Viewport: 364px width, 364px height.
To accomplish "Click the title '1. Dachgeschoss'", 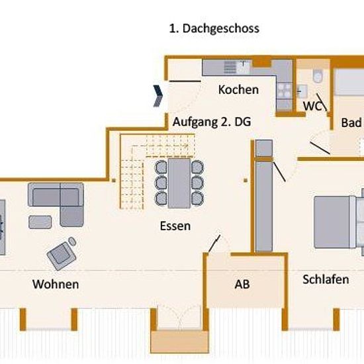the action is pyautogui.click(x=214, y=28).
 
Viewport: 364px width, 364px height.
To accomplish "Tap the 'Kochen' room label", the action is pyautogui.click(x=238, y=89).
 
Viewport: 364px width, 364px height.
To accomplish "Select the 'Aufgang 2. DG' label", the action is pyautogui.click(x=212, y=122).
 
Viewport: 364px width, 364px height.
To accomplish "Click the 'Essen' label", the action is pyautogui.click(x=175, y=226).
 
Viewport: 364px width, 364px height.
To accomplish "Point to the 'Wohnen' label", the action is pyautogui.click(x=56, y=284).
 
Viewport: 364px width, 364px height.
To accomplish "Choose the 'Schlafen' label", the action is pyautogui.click(x=326, y=279).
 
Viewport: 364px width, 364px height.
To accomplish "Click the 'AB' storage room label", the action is pyautogui.click(x=242, y=284).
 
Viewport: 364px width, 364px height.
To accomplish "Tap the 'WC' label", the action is pyautogui.click(x=312, y=106).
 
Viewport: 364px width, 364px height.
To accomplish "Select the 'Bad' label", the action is pyautogui.click(x=351, y=122).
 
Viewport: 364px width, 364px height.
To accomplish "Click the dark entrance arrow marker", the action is pyautogui.click(x=158, y=96).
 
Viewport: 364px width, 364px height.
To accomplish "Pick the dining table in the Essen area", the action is pyautogui.click(x=179, y=183).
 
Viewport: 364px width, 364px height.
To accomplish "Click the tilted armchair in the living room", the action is pyautogui.click(x=62, y=255).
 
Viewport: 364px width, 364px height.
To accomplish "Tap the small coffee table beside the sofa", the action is pyautogui.click(x=40, y=222).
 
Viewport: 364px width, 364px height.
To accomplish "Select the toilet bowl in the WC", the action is pyautogui.click(x=317, y=75).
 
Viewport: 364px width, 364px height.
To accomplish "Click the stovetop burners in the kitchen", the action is pyautogui.click(x=285, y=91).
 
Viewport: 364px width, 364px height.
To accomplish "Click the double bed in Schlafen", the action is pyautogui.click(x=335, y=222).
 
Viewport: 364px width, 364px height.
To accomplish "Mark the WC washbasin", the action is pyautogui.click(x=302, y=91).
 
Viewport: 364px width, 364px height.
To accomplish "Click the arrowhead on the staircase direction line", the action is pyautogui.click(x=186, y=146).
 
